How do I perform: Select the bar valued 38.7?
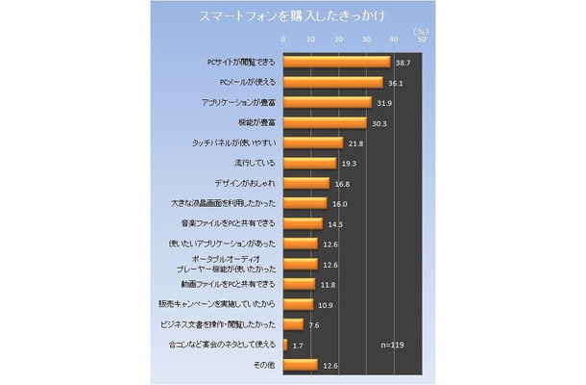pyautogui.click(x=336, y=62)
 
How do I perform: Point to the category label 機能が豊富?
pyautogui.click(x=256, y=123)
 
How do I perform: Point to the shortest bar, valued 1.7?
pyautogui.click(x=284, y=345)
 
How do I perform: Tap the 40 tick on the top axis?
pyautogui.click(x=394, y=39)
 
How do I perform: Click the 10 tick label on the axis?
pyautogui.click(x=310, y=39)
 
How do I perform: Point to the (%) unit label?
pyautogui.click(x=420, y=30)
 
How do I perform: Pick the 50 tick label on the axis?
pyautogui.click(x=422, y=39)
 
